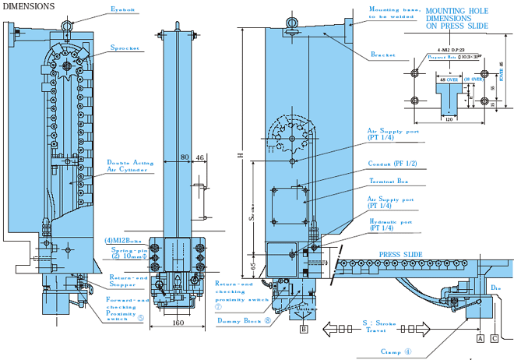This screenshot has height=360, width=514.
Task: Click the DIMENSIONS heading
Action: pyautogui.click(x=28, y=5)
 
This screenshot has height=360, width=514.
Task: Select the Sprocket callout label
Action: pyautogui.click(x=124, y=48)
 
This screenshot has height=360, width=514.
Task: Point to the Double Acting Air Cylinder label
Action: pyautogui.click(x=131, y=167)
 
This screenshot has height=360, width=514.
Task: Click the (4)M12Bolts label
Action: pyautogui.click(x=129, y=239)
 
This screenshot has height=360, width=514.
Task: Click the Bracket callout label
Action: pyautogui.click(x=383, y=55)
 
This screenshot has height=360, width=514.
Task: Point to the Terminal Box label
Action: pyautogui.click(x=389, y=181)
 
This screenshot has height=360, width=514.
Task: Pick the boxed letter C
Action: pyautogui.click(x=495, y=339)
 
